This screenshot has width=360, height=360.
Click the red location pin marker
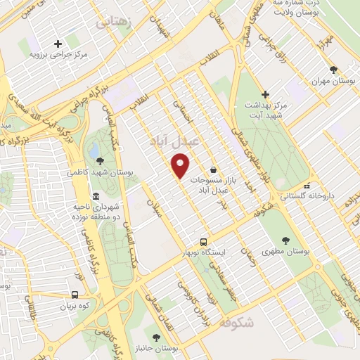pyautogui.click(x=181, y=167)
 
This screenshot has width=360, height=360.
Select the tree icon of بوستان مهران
pyautogui.click(x=333, y=70)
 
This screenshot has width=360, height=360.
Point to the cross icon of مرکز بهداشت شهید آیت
pyautogui.click(x=265, y=94)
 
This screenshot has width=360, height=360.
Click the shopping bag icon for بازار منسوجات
pyautogui.click(x=213, y=169)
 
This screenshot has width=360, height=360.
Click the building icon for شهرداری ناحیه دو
pyautogui.click(x=96, y=196)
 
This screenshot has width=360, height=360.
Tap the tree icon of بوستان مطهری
pyautogui.click(x=285, y=240)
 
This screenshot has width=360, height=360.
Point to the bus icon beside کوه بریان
pyautogui.click(x=75, y=295)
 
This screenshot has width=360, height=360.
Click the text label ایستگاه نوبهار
pyautogui.click(x=204, y=252)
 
